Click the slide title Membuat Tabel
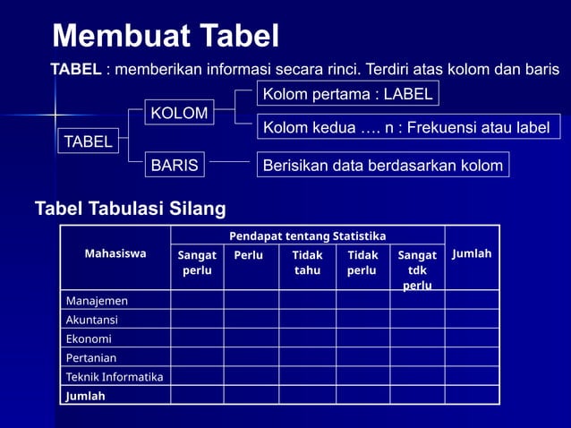[x=166, y=36]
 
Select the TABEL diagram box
[x=88, y=141]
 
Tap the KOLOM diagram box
[x=179, y=114]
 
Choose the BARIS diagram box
[x=174, y=165]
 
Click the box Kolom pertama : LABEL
[x=346, y=93]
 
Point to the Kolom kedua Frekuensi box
[x=405, y=128]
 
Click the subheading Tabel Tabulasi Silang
[x=130, y=210]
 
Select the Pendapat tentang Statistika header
[x=307, y=235]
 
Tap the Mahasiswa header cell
[x=115, y=253]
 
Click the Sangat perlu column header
[x=197, y=262]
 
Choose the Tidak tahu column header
[x=307, y=262]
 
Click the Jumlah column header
[x=472, y=253]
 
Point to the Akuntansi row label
[x=91, y=320]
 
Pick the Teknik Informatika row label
[x=115, y=377]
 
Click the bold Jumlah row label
[x=85, y=396]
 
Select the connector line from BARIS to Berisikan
[x=229, y=164]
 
